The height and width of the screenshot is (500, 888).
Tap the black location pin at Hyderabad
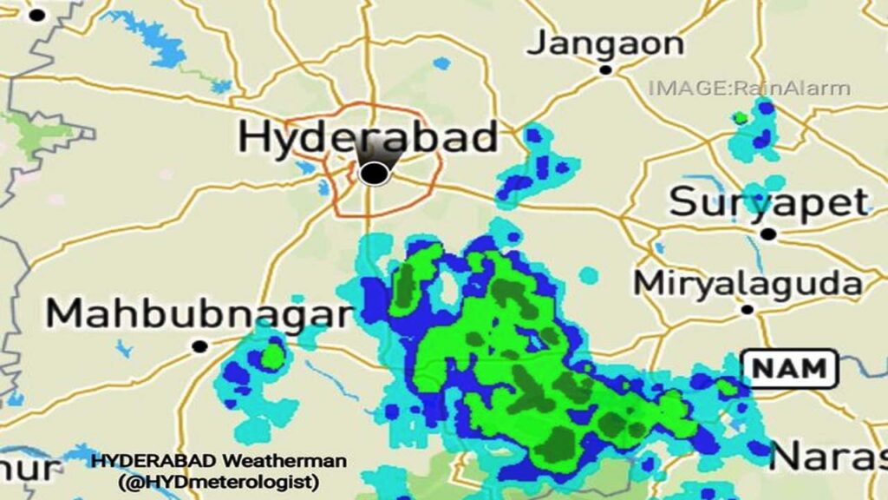point(374,173)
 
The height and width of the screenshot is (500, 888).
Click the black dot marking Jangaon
point(606,69)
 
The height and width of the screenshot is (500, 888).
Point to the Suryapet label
point(769,203)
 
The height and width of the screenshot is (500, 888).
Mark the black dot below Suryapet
point(767,234)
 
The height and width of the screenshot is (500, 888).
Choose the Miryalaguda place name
point(748,283)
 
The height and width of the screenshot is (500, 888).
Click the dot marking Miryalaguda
point(747,309)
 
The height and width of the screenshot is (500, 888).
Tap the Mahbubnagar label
point(199,314)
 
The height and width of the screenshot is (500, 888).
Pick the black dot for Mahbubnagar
point(199,346)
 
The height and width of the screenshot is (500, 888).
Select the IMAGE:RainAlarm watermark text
point(749,88)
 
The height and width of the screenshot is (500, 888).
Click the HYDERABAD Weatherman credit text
point(219,461)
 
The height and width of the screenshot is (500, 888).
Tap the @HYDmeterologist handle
point(219,480)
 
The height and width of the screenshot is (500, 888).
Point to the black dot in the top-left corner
point(37,15)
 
